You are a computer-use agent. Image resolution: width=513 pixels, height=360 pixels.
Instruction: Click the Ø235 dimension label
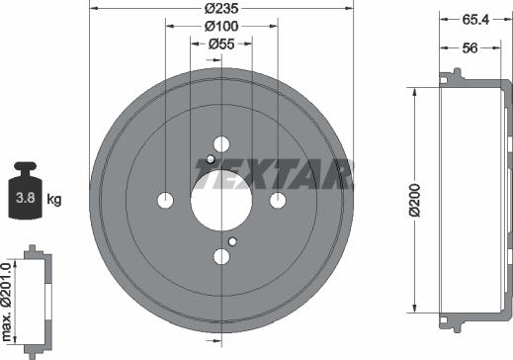pyautogui.click(x=221, y=9)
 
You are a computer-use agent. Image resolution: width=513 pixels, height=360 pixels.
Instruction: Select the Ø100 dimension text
pyautogui.click(x=221, y=26)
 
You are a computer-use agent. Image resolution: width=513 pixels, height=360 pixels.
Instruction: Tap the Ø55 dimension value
pyautogui.click(x=221, y=44)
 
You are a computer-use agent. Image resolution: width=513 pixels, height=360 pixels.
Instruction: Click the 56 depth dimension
pyautogui.click(x=470, y=48)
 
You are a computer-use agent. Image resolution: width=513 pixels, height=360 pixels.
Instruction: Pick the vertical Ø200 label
pyautogui.click(x=415, y=200)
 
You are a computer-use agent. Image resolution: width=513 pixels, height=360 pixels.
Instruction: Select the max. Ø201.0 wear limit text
pyautogui.click(x=7, y=302)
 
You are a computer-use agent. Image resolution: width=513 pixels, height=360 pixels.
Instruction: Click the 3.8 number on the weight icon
pyautogui.click(x=26, y=198)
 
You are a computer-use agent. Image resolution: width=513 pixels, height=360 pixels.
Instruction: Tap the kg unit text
pyautogui.click(x=54, y=199)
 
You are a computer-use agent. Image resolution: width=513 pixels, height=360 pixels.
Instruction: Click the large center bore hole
pyautogui.click(x=221, y=201)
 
